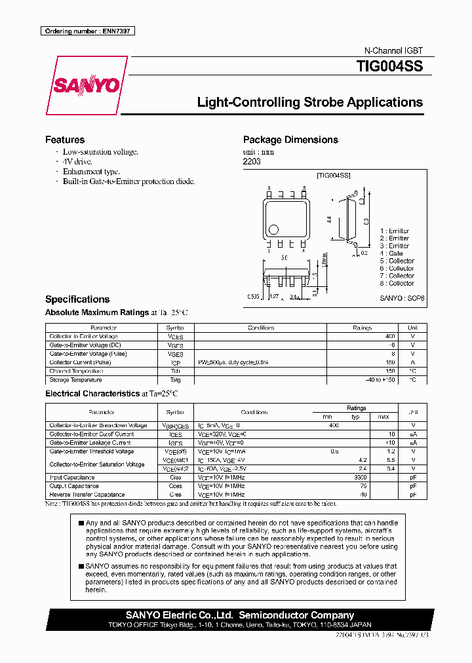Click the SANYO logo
pyautogui.click(x=86, y=86)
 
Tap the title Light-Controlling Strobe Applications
pyautogui.click(x=309, y=102)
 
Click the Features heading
pyautogui.click(x=64, y=140)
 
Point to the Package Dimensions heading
pyautogui.click(x=290, y=140)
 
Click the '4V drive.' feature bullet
pyautogui.click(x=77, y=161)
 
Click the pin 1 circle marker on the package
pyautogui.click(x=273, y=230)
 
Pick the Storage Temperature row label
pyautogui.click(x=75, y=380)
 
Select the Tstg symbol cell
pyautogui.click(x=175, y=380)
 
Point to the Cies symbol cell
pyautogui.click(x=175, y=478)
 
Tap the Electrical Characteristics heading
pyautogui.click(x=92, y=394)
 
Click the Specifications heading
pyautogui.click(x=77, y=299)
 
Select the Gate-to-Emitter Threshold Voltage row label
pyautogui.click(x=92, y=451)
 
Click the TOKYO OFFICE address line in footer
pyautogui.click(x=240, y=625)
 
